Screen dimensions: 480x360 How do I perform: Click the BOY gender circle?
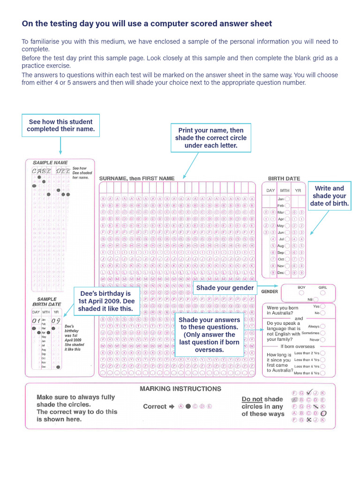(301, 293)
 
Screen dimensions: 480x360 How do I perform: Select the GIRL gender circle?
(322, 293)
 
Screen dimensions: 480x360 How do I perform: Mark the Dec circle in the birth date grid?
(287, 272)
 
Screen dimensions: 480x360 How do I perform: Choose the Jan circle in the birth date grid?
(287, 199)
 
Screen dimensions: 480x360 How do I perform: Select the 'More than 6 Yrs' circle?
(323, 373)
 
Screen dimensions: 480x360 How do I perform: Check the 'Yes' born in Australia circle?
(323, 306)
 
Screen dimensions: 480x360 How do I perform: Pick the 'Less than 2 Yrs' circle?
(323, 353)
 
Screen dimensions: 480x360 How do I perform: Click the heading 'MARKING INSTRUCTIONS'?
(180, 389)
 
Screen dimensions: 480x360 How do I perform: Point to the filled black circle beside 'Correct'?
(188, 406)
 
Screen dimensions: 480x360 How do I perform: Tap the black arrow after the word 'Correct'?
(172, 406)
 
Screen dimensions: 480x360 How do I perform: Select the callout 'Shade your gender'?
(225, 288)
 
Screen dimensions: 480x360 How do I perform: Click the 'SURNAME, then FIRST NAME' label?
(137, 178)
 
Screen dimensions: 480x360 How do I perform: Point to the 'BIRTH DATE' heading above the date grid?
(284, 179)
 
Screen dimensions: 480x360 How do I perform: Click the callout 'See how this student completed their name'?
(61, 125)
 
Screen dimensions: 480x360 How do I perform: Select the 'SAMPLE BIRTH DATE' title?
(46, 302)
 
